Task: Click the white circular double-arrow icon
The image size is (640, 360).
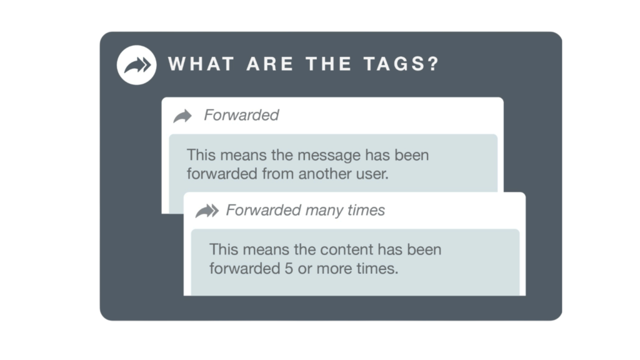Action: click(x=137, y=65)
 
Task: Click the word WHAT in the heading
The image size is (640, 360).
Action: click(x=202, y=64)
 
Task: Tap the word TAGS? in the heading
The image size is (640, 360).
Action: click(x=401, y=64)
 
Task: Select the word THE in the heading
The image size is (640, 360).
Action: click(x=329, y=64)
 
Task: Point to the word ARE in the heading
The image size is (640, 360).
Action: click(x=270, y=64)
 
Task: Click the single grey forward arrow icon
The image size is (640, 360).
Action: click(x=182, y=116)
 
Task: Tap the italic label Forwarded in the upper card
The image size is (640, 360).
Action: click(x=241, y=115)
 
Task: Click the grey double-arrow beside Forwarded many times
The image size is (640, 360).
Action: click(x=207, y=211)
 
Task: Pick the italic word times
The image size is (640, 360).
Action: click(x=366, y=210)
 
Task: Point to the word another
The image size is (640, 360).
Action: click(x=324, y=174)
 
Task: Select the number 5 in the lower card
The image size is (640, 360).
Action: click(x=289, y=269)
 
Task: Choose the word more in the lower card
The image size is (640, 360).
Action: click(x=334, y=269)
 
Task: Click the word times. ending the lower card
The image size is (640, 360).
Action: click(x=377, y=269)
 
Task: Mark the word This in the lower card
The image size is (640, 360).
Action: click(x=224, y=250)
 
